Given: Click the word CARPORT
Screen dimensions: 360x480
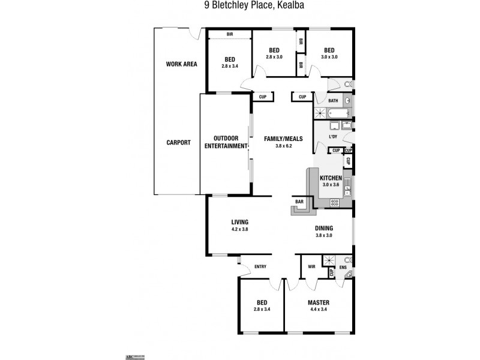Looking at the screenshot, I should pos(178,143).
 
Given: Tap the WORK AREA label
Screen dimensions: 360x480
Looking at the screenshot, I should pos(182,64).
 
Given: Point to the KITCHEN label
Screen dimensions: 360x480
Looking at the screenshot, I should pos(331,178).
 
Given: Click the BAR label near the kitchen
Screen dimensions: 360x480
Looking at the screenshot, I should pos(299,202).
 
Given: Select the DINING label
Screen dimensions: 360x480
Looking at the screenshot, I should pos(324,228).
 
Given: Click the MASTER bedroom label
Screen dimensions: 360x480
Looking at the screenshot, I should pos(318,303).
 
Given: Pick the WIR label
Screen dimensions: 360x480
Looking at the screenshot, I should pos(311,266).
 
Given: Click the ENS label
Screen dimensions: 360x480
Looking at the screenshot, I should pos(343,267).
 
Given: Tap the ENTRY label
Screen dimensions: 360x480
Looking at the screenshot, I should pos(260,266).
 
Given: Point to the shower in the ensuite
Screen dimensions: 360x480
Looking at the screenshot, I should pos(329,260).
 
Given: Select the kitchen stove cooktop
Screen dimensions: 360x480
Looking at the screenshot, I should pos(334,203).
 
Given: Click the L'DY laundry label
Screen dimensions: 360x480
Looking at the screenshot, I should pos(333,137).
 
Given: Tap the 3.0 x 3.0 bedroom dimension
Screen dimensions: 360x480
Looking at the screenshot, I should pos(329,57).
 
